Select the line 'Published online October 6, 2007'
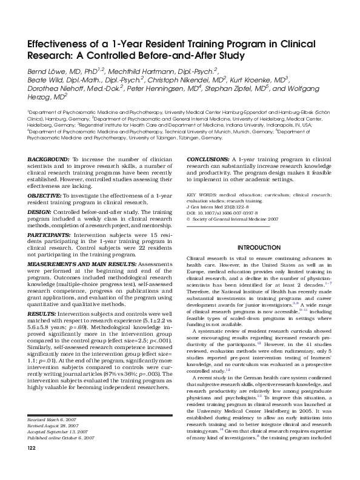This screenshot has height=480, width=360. tap(61, 454)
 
